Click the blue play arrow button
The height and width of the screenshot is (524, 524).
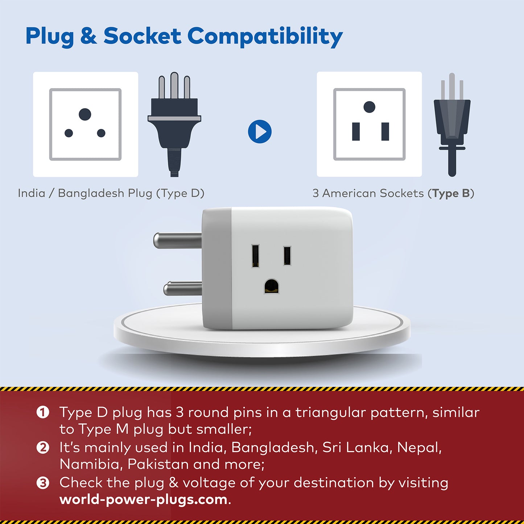pyautogui.click(x=260, y=132)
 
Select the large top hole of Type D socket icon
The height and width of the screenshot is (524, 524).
pyautogui.click(x=85, y=114)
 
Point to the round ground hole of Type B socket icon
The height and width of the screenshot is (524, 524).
pyautogui.click(x=369, y=107)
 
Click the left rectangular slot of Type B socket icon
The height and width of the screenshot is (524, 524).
pyautogui.click(x=356, y=132)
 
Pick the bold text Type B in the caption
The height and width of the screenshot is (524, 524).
pyautogui.click(x=451, y=193)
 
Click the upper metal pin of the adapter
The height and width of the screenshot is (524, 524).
pyautogui.click(x=178, y=240)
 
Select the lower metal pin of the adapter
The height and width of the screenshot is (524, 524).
pyautogui.click(x=183, y=289)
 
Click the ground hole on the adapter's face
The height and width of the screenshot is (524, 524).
pyautogui.click(x=271, y=286)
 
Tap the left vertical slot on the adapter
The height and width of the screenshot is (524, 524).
pyautogui.click(x=255, y=256)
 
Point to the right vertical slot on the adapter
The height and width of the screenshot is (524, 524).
pyautogui.click(x=287, y=255)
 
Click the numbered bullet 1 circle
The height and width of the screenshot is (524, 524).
pyautogui.click(x=43, y=413)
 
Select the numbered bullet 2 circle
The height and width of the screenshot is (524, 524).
pyautogui.click(x=43, y=447)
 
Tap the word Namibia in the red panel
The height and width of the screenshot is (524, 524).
pyautogui.click(x=90, y=465)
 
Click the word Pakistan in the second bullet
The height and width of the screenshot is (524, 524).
pyautogui.click(x=158, y=465)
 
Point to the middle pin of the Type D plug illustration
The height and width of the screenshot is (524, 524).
pyautogui.click(x=174, y=85)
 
